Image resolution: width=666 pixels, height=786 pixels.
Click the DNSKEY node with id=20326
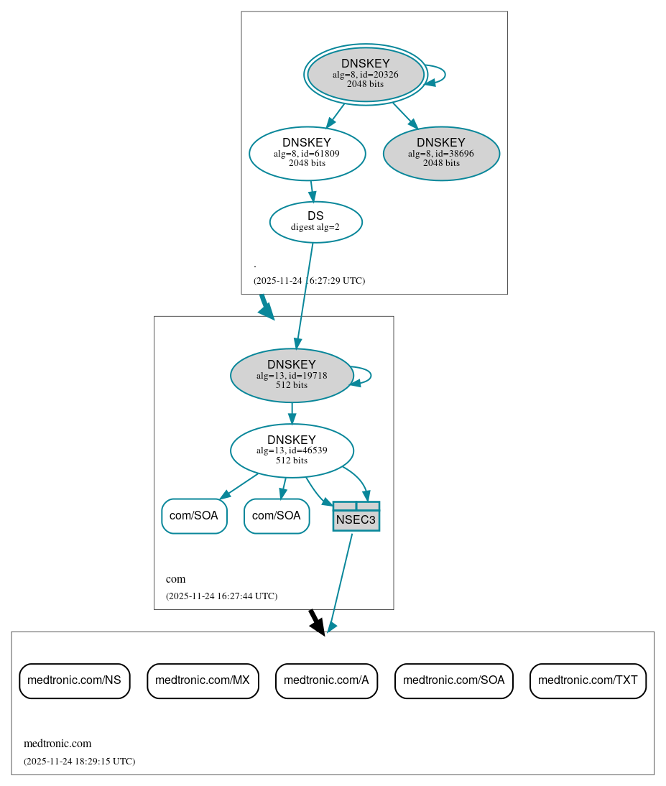click(365, 74)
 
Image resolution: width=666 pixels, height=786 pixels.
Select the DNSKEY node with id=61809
click(307, 153)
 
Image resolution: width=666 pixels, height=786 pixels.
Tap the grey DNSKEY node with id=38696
click(441, 153)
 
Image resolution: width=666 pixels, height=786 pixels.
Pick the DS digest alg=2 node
click(315, 221)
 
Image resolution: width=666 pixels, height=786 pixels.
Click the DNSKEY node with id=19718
click(291, 375)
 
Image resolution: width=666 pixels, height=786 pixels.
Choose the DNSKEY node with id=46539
click(291, 450)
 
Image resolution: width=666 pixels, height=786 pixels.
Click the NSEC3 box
click(356, 517)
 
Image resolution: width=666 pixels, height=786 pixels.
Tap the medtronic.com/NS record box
click(74, 680)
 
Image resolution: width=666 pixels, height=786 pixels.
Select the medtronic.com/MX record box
click(203, 680)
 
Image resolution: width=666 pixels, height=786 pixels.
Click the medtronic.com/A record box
click(326, 680)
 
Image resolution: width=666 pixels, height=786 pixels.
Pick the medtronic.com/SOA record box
click(453, 680)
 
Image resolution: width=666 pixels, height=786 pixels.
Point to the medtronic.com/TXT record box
click(588, 680)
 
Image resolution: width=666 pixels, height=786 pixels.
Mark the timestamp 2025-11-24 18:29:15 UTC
click(79, 761)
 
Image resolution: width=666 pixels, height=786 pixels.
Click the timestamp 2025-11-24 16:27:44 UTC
click(221, 596)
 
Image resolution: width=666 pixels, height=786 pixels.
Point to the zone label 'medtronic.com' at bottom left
click(57, 743)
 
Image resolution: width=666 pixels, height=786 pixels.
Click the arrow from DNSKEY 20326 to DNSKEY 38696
click(404, 116)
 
